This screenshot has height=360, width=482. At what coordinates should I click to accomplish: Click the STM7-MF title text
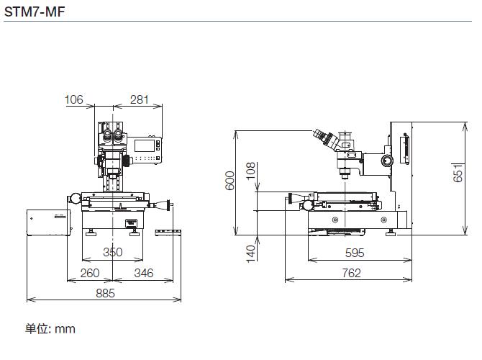coord(35,12)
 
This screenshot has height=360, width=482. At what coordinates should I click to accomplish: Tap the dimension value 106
coord(74,99)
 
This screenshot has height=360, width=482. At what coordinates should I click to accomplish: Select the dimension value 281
coord(140,99)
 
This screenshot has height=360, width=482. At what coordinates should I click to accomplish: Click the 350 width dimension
coord(113,252)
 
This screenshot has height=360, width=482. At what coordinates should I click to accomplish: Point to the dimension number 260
coord(90,273)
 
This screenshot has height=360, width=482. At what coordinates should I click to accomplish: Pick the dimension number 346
coord(144,273)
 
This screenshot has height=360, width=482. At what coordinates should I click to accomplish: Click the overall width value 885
coord(106,293)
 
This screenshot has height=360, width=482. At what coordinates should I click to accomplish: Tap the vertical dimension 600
coord(230,181)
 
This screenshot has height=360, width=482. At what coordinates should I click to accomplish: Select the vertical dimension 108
coord(251,171)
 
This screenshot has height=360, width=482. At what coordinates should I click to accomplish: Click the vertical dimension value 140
coord(251,254)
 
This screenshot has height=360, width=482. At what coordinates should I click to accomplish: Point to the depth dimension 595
coord(355,253)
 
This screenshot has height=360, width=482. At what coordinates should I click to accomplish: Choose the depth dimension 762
coord(351,273)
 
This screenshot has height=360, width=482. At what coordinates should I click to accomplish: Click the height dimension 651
coord(458,173)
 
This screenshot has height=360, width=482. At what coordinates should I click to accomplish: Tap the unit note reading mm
coord(65,329)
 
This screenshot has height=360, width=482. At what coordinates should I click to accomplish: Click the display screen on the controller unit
coord(145,145)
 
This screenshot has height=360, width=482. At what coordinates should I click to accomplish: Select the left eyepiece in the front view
coord(107,134)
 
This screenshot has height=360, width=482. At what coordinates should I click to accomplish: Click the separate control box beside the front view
coord(48,222)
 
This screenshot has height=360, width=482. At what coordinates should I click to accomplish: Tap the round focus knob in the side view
coord(387,161)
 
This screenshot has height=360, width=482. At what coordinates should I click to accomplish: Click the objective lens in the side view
coord(345,174)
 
